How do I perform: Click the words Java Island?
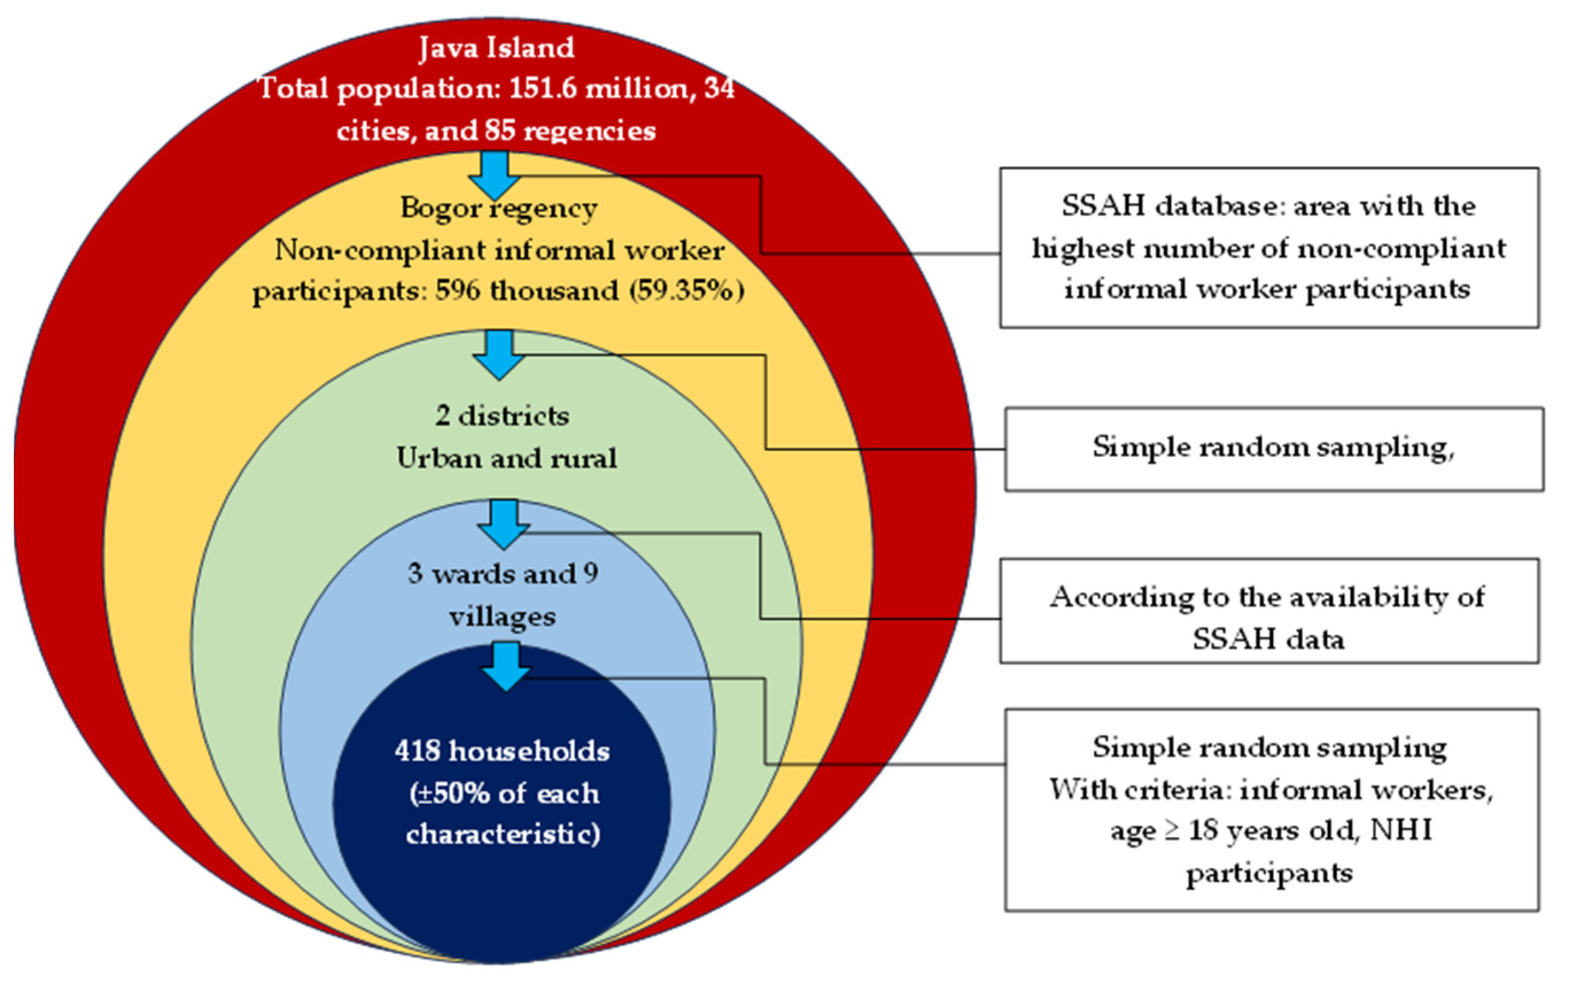click(x=496, y=48)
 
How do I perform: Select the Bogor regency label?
click(x=498, y=208)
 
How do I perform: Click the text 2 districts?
click(x=502, y=416)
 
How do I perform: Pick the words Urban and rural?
click(x=507, y=458)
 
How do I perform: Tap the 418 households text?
click(x=502, y=751)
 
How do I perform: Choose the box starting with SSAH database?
click(x=1269, y=247)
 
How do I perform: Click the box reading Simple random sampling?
click(x=1274, y=449)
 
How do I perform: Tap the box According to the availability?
click(x=1269, y=611)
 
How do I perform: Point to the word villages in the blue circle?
click(x=502, y=616)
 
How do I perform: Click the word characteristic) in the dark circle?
click(x=503, y=834)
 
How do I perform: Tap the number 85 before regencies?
click(x=499, y=131)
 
